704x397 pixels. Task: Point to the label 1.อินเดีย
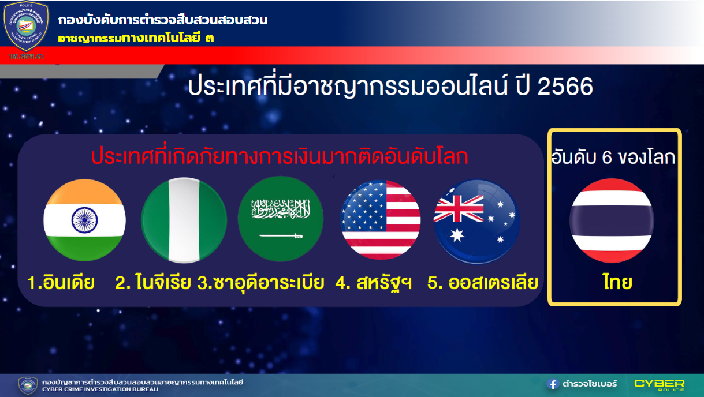tap(61, 283)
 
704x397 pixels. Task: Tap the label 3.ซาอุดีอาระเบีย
tap(260, 283)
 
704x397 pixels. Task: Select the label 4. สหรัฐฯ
tap(374, 283)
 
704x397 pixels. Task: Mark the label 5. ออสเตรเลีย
tap(483, 283)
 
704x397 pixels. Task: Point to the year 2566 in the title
tap(565, 87)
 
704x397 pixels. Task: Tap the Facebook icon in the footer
tap(553, 384)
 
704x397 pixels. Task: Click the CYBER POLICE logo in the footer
tap(659, 384)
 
